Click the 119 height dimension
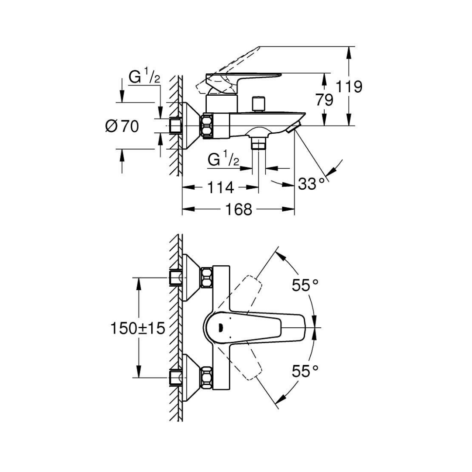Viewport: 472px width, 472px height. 349,87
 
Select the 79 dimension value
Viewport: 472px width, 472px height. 324,100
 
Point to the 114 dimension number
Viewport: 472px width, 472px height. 220,187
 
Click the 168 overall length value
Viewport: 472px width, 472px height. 239,209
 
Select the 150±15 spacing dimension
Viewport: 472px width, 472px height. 138,328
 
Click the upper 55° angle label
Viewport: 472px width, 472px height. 305,285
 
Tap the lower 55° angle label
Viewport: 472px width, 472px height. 305,371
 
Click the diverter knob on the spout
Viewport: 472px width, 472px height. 258,104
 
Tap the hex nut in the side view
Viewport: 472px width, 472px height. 207,126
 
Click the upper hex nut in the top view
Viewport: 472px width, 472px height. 207,278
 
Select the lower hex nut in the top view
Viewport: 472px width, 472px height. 207,377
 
